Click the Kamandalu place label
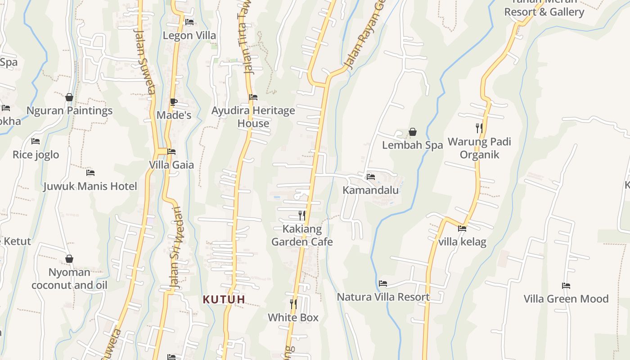370,190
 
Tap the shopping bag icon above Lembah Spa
412,132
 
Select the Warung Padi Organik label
479,148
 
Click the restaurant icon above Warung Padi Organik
479,128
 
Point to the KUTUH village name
224,299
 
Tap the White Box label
293,317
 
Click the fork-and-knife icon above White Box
293,304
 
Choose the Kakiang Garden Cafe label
302,235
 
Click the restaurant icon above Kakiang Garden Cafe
302,216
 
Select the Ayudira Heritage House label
253,117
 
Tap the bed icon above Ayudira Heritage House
253,97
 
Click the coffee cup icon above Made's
174,102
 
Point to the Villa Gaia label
171,165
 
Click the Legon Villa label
189,35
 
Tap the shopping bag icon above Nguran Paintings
69,97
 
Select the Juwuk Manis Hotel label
90,186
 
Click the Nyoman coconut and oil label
69,279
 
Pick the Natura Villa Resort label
383,297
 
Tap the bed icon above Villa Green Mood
566,285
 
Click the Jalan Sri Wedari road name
175,247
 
